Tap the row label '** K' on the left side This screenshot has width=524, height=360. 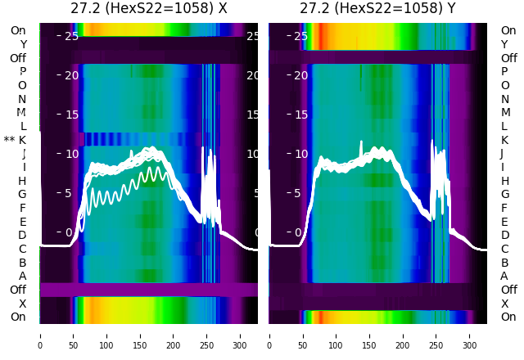[15, 140]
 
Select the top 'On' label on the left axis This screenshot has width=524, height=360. [18, 30]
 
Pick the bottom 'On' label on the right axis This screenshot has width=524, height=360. [508, 317]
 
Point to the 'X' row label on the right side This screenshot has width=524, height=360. [504, 304]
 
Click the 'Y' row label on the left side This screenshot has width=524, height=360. [23, 44]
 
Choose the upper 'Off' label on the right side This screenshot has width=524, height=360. [508, 58]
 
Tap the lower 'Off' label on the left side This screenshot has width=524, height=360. [18, 290]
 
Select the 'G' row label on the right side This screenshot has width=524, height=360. [504, 194]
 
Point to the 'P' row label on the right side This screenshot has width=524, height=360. [504, 71]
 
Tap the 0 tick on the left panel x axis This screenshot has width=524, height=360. [40, 335]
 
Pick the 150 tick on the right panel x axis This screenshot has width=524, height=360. [369, 335]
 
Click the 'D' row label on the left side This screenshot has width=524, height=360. [23, 235]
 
